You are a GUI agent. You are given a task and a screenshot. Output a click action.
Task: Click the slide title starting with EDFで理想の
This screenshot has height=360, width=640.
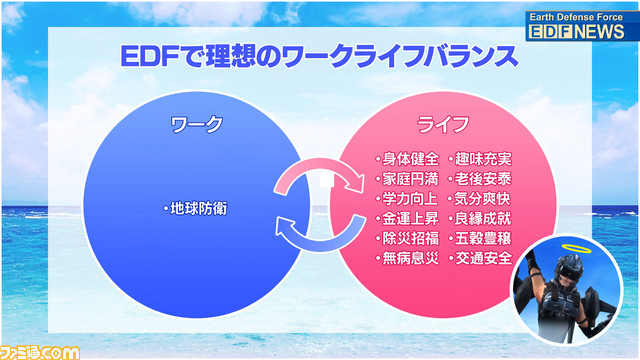[321, 55]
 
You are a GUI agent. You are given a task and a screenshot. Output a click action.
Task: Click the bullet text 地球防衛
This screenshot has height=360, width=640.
[197, 209]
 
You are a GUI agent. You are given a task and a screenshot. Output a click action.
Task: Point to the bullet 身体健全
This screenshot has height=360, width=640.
[408, 158]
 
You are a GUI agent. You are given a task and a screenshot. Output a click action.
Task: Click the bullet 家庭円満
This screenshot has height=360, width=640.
[408, 178]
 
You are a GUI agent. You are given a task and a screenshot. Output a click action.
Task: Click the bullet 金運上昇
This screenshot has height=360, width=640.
[408, 218]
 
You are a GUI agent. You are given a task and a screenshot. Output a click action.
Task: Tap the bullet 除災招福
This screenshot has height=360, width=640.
[408, 238]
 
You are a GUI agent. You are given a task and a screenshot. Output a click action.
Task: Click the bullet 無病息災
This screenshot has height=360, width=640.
[408, 258]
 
